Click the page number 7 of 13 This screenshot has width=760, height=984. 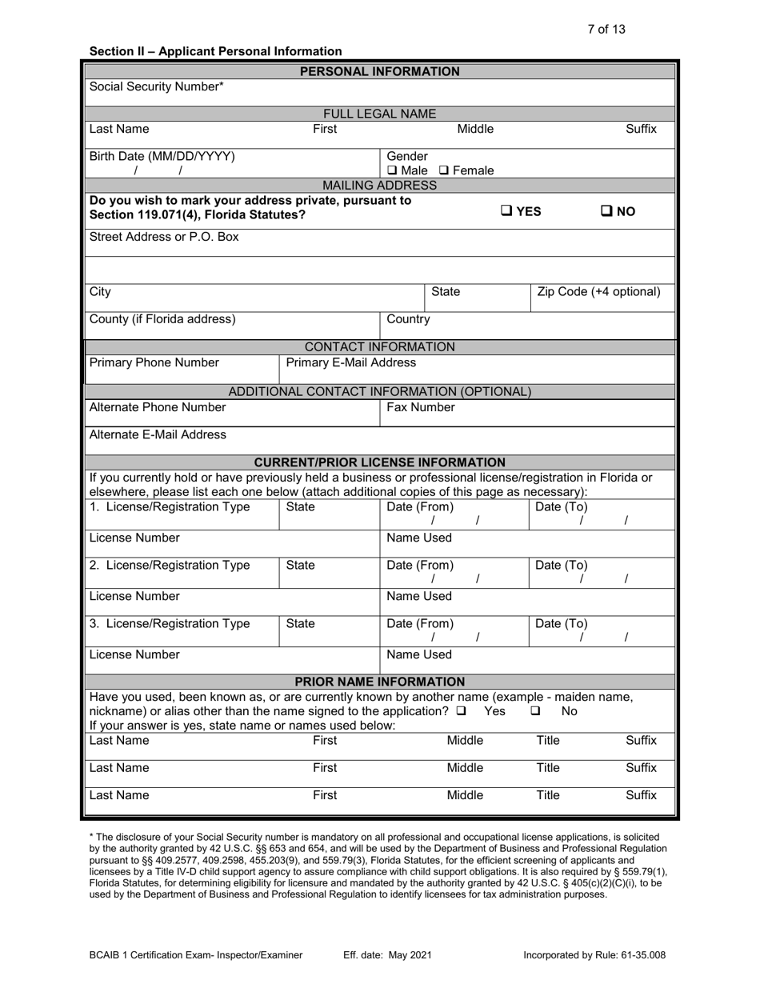[606, 30]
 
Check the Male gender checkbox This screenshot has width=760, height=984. [392, 170]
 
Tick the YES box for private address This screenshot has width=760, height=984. [506, 211]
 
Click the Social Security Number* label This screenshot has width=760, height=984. [157, 86]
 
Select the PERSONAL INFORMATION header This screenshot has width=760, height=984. [379, 71]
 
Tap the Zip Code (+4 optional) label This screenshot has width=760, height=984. [598, 292]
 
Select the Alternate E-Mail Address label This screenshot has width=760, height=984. [158, 434]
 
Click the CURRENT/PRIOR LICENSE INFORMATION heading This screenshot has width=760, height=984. [379, 462]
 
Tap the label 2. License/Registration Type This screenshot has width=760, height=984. [170, 565]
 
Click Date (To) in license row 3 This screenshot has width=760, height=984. [561, 623]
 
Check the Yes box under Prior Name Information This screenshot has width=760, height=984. [461, 710]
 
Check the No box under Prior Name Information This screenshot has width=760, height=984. [535, 710]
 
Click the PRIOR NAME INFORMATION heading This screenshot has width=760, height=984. [379, 682]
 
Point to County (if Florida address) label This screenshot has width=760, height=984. [162, 319]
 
